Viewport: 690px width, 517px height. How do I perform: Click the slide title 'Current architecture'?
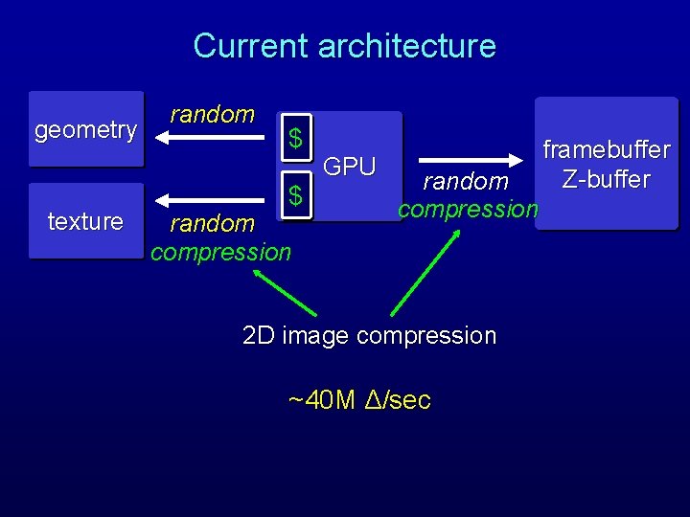click(344, 46)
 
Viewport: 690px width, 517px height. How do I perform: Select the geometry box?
click(85, 129)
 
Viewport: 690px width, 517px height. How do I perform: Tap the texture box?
click(85, 221)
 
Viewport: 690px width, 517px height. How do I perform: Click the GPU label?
click(350, 167)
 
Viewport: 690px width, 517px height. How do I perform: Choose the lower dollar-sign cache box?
click(297, 196)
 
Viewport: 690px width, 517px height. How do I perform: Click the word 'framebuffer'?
click(606, 150)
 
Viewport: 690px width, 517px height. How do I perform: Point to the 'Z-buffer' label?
click(606, 179)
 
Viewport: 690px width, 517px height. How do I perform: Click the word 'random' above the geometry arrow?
click(212, 115)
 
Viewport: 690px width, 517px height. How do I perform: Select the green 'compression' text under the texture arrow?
click(220, 252)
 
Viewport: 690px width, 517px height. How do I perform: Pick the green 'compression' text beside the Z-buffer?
click(469, 208)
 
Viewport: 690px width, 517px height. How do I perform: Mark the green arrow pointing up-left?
click(285, 293)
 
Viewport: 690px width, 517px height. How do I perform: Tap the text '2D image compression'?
click(369, 336)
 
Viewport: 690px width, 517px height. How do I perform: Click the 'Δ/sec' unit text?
click(399, 399)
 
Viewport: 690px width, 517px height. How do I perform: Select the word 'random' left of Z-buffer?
click(466, 181)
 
